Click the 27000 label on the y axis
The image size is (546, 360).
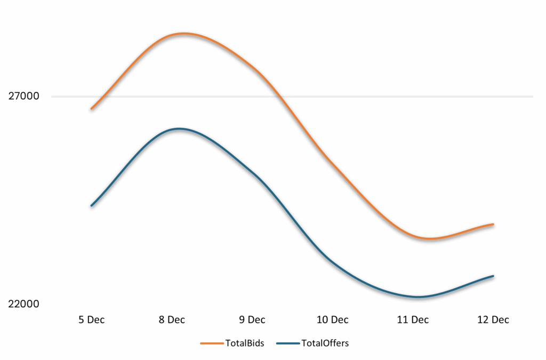click(x=23, y=97)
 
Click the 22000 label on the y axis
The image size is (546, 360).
click(x=23, y=304)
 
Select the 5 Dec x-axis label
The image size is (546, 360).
click(x=92, y=320)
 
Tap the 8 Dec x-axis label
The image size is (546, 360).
click(x=172, y=320)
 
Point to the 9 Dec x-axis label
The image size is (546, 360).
click(x=252, y=320)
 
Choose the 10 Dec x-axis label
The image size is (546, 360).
click(x=332, y=320)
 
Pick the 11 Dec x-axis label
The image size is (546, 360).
click(x=413, y=320)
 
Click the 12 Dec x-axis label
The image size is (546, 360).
click(x=493, y=320)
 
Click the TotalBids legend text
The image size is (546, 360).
click(x=244, y=343)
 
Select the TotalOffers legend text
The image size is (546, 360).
click(x=325, y=343)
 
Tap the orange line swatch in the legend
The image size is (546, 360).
click(x=211, y=343)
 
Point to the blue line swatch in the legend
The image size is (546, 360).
click(x=288, y=343)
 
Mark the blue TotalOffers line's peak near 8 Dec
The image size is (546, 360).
click(x=179, y=129)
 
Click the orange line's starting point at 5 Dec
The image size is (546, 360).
click(x=92, y=108)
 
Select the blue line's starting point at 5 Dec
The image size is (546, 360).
click(x=92, y=205)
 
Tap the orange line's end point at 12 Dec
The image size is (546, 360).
click(x=493, y=225)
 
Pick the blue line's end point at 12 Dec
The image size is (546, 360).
click(x=493, y=276)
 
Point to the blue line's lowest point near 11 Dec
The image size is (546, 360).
click(x=419, y=297)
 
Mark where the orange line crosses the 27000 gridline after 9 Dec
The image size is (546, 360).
click(x=281, y=97)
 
